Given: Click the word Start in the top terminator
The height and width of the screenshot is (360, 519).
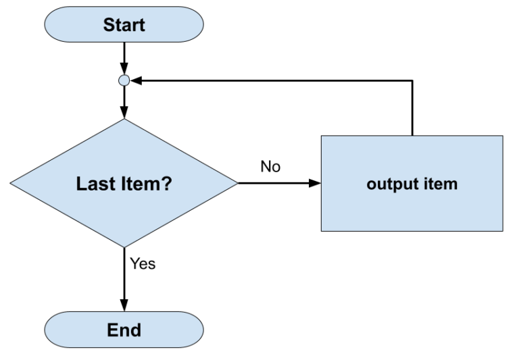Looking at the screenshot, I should coord(124,26).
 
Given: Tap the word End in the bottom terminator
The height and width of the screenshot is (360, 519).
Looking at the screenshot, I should coord(124,330).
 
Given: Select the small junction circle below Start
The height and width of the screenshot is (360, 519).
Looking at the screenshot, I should coord(124,80).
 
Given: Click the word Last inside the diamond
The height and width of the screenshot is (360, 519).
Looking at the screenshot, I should coord(95,184).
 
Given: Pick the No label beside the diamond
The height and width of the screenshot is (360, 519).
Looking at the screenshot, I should coord(270,166).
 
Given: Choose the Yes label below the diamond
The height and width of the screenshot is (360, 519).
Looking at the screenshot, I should coord(143,264).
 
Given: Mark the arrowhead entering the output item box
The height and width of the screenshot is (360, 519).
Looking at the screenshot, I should coord(315,183).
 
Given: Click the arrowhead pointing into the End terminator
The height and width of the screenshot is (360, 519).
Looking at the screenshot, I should coord(124,306).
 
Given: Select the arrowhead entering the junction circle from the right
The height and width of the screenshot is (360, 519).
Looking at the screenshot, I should coord(135,80).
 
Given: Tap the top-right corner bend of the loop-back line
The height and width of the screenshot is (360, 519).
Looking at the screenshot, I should coord(412,80).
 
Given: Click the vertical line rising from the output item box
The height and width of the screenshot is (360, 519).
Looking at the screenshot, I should coord(412,108).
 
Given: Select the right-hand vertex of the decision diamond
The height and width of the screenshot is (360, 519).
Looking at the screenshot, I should coord(238,183).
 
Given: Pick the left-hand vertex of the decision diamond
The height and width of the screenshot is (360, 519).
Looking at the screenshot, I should coord(11,183).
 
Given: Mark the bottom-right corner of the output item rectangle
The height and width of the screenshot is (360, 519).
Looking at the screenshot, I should coord(502,230).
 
